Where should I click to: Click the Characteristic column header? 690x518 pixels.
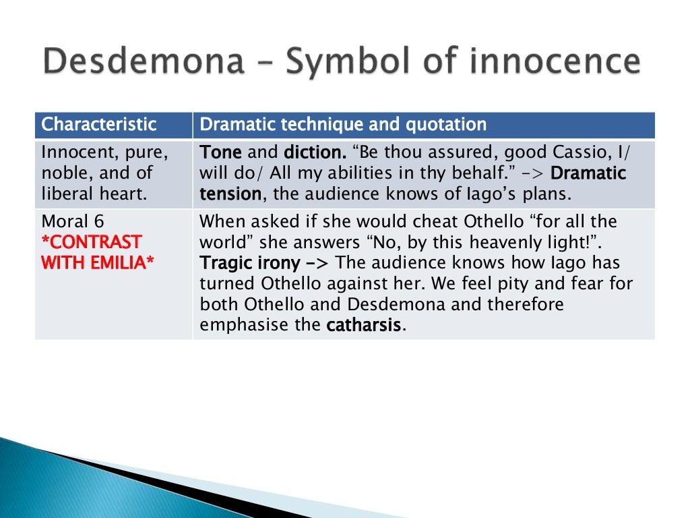click(99, 125)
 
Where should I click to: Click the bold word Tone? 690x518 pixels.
click(221, 152)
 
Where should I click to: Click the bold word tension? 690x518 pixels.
click(230, 194)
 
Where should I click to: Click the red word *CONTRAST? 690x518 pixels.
click(92, 242)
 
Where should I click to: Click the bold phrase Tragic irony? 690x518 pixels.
click(249, 263)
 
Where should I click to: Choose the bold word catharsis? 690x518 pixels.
click(364, 325)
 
